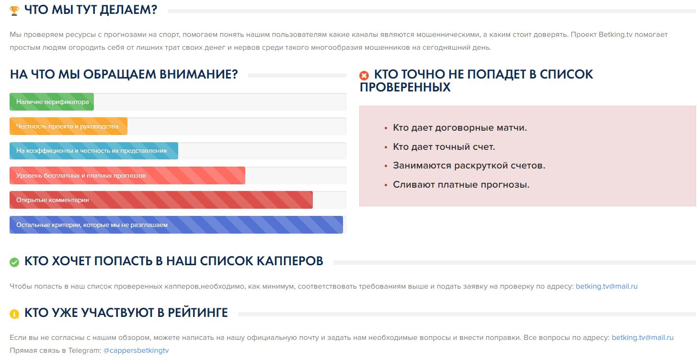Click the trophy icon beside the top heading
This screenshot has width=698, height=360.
[14, 11]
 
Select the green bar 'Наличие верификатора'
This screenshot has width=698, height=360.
[52, 101]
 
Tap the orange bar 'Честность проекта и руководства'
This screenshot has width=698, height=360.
[68, 126]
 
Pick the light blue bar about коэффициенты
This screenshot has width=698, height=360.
[93, 151]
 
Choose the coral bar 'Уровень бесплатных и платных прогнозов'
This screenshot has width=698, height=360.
[127, 175]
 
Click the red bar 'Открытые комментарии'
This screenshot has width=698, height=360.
[160, 200]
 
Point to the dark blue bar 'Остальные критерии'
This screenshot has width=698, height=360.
[176, 225]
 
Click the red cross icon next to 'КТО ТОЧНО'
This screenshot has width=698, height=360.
[364, 76]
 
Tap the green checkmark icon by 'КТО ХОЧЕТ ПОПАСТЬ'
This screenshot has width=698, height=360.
[14, 262]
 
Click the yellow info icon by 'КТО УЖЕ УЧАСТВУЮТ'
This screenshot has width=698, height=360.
[14, 314]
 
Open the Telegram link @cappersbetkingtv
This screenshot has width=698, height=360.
[136, 350]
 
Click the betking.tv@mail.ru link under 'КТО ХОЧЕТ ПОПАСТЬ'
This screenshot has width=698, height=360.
[606, 286]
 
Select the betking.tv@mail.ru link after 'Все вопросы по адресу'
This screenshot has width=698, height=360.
[642, 337]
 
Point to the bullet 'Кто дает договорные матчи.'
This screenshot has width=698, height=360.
[459, 128]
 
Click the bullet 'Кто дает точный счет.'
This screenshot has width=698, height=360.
[444, 147]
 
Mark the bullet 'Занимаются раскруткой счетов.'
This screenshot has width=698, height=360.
[469, 166]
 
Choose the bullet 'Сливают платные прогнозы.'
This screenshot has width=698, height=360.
[461, 185]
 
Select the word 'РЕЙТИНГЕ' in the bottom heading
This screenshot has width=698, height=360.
[197, 313]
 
